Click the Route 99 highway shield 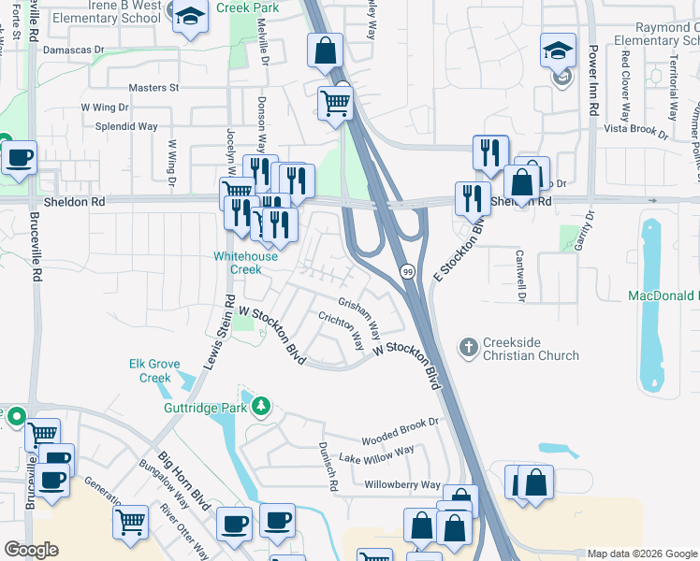click(x=408, y=271)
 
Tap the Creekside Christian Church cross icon click(x=469, y=348)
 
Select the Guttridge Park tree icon click(x=262, y=407)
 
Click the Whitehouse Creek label click(x=244, y=262)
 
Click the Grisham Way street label click(x=359, y=317)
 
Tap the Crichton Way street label click(x=341, y=333)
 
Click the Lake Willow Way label click(x=376, y=455)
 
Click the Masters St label click(x=153, y=88)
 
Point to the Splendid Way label click(x=120, y=125)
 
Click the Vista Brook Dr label click(x=635, y=130)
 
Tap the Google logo click(x=31, y=550)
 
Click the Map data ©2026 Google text click(x=642, y=554)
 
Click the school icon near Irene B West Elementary click(x=191, y=18)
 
